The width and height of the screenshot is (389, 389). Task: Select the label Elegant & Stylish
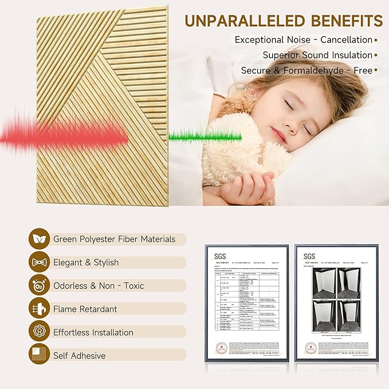(86, 262)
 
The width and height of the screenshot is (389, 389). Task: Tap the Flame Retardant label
(85, 309)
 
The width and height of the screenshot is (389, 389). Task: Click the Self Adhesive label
(79, 355)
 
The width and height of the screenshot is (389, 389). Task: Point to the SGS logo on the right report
(309, 256)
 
